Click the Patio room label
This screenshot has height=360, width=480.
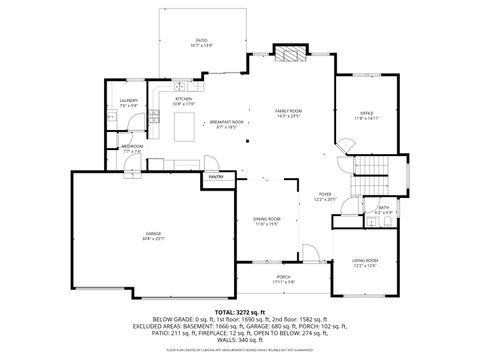click(x=202, y=43)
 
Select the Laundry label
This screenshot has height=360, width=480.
click(x=129, y=101)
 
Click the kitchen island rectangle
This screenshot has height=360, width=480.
click(x=185, y=125)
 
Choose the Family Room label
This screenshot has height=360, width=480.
click(x=289, y=112)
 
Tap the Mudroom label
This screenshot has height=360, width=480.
click(x=132, y=147)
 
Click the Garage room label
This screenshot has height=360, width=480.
click(x=153, y=235)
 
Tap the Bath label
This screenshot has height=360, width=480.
click(x=383, y=209)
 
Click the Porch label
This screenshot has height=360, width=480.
click(x=284, y=279)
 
